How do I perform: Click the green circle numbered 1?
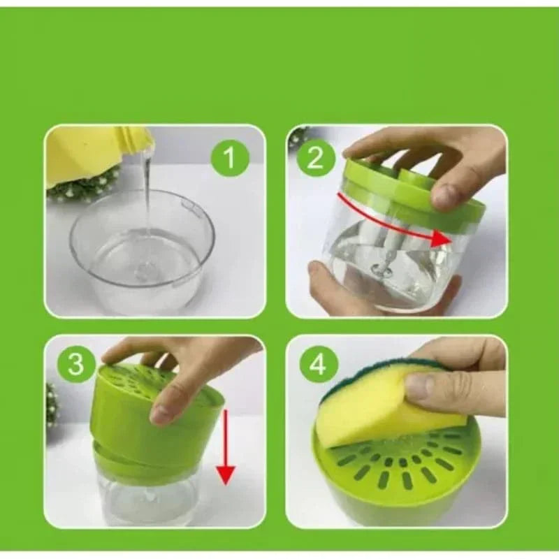tap(230, 158)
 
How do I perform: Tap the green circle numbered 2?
tap(315, 159)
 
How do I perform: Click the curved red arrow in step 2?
tap(389, 224)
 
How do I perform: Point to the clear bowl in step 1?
tap(143, 249)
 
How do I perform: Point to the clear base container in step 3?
tap(145, 499)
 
